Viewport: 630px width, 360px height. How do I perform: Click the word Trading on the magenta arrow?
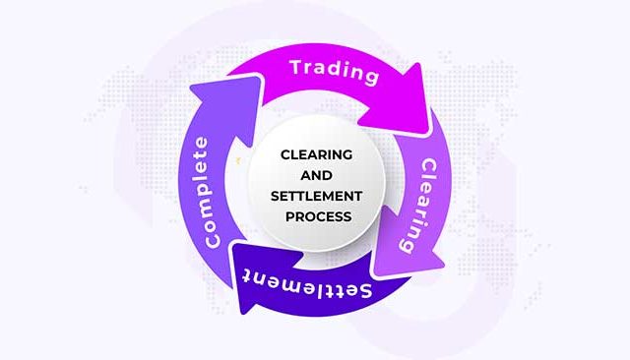pos(335,72)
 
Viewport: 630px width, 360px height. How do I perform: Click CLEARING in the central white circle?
pos(317,154)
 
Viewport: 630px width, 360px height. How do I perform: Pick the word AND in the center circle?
pos(317,175)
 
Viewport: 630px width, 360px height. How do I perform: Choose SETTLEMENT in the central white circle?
pos(317,197)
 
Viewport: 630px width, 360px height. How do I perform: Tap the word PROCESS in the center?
pos(319,216)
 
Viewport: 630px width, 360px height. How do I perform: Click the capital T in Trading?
pos(297,67)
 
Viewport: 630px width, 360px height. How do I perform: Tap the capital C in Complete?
pos(213,240)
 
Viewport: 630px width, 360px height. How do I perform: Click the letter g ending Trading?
pos(371,77)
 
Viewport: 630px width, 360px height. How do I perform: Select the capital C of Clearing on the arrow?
pos(429,166)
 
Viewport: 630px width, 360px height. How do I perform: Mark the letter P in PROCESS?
pos(290,216)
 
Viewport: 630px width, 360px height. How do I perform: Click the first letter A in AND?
pos(306,175)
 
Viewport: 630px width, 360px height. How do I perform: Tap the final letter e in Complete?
pos(201,143)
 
